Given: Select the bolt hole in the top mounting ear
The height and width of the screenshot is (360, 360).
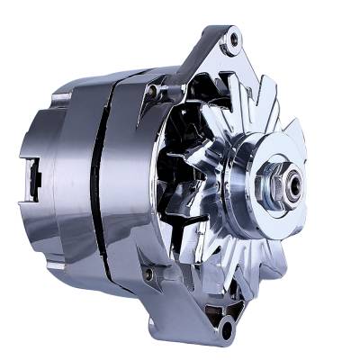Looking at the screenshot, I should pos(233,39).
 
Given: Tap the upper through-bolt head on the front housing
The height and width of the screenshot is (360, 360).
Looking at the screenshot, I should pos(155,90).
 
